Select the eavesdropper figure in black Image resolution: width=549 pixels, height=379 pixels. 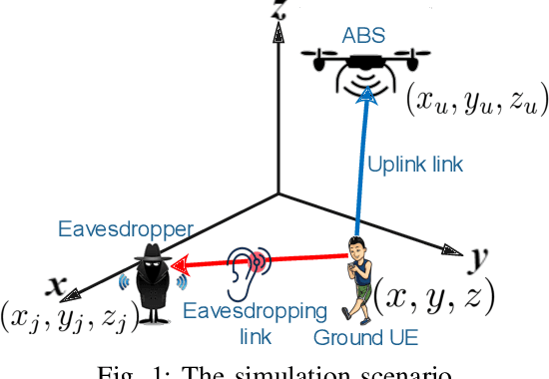point(154,285)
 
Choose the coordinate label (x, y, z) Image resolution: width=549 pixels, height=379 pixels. point(440,296)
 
